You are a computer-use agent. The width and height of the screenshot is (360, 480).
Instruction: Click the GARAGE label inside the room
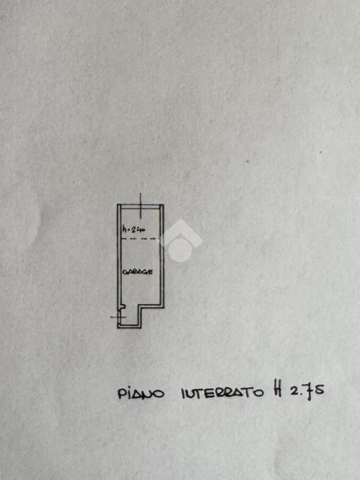click(x=137, y=272)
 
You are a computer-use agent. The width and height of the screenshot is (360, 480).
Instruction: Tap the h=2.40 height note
click(x=134, y=229)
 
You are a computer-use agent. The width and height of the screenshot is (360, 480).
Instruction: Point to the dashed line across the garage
click(x=140, y=240)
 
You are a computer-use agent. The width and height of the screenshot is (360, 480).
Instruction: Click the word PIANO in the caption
click(x=141, y=393)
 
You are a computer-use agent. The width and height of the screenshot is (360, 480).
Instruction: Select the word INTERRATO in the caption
click(x=222, y=392)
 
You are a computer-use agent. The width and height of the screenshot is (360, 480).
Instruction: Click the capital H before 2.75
click(x=277, y=390)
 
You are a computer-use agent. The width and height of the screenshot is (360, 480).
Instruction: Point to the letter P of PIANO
click(x=121, y=393)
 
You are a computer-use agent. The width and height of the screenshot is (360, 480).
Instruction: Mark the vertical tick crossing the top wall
click(x=140, y=205)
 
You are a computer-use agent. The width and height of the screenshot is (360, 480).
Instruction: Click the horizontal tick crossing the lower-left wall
click(x=118, y=317)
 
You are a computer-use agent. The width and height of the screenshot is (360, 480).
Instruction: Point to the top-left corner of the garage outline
click(x=118, y=205)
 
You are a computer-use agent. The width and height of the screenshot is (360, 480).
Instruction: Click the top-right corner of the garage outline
click(x=163, y=205)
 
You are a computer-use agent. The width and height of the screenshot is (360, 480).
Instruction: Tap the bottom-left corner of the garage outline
click(x=118, y=327)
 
